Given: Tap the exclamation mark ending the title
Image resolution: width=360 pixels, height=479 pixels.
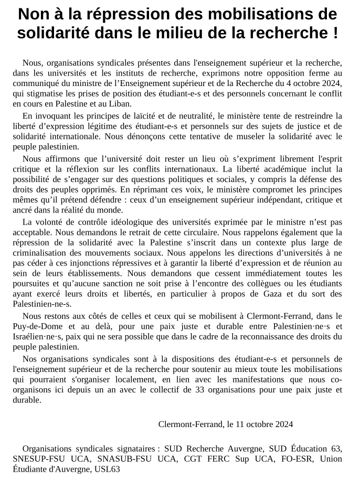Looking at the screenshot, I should (x=335, y=33).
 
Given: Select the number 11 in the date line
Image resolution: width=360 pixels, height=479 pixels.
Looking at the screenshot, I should (x=244, y=424).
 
